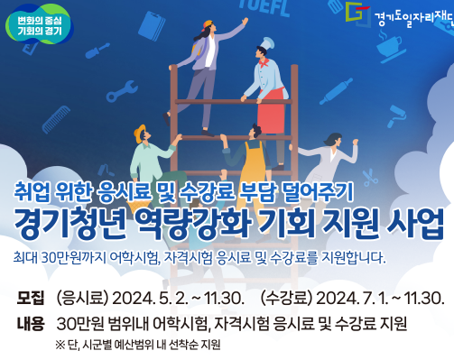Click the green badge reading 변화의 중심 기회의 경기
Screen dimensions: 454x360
click(x=39, y=24)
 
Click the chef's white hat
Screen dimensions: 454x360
click(x=266, y=43)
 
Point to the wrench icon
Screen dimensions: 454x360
click(x=122, y=91)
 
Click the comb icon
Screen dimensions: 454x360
click(x=56, y=119)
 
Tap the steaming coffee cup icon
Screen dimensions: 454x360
click(x=391, y=47)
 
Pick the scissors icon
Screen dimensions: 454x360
click(x=370, y=178)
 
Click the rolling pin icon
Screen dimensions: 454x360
click(x=336, y=91)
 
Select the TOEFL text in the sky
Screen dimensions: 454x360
click(x=264, y=7)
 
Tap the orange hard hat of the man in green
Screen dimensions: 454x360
click(x=139, y=134)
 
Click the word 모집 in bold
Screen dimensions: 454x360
click(x=31, y=298)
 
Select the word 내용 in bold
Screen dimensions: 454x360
click(x=31, y=324)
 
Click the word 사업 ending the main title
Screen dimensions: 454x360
click(x=415, y=223)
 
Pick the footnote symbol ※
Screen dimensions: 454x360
click(x=60, y=345)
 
